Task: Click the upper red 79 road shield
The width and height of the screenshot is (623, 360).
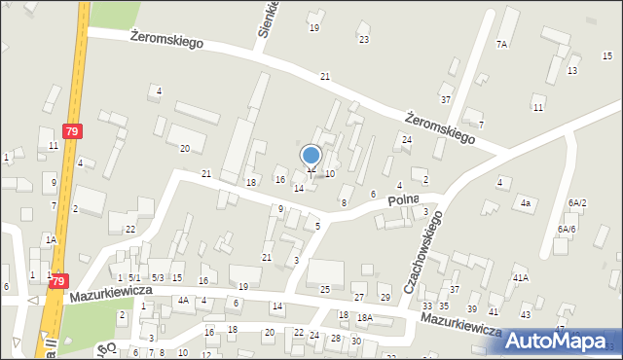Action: coord(71,130)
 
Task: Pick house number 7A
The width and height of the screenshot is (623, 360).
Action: coord(501,45)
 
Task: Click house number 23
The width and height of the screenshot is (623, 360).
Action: coord(364,40)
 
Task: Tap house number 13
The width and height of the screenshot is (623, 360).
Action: coord(573,71)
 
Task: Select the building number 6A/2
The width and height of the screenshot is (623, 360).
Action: coord(578,202)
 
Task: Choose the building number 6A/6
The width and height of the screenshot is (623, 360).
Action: coord(567,229)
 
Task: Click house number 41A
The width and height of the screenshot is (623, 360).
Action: coord(521,277)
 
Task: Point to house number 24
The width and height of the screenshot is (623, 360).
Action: coord(407,140)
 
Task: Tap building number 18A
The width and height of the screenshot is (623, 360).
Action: coord(364,317)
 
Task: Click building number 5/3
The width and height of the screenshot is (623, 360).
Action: coord(157,278)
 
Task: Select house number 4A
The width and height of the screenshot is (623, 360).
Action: coord(182,301)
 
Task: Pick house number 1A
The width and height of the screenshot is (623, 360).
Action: coord(49,238)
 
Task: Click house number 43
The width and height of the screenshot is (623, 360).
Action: coord(526,314)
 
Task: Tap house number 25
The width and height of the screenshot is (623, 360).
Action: coord(325,290)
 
